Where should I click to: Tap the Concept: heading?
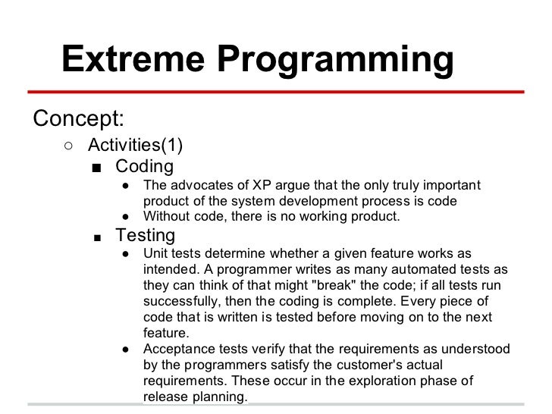(x=79, y=119)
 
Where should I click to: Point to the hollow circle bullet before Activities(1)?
(x=68, y=144)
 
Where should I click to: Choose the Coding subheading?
(x=144, y=166)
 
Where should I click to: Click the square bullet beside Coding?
(x=96, y=167)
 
